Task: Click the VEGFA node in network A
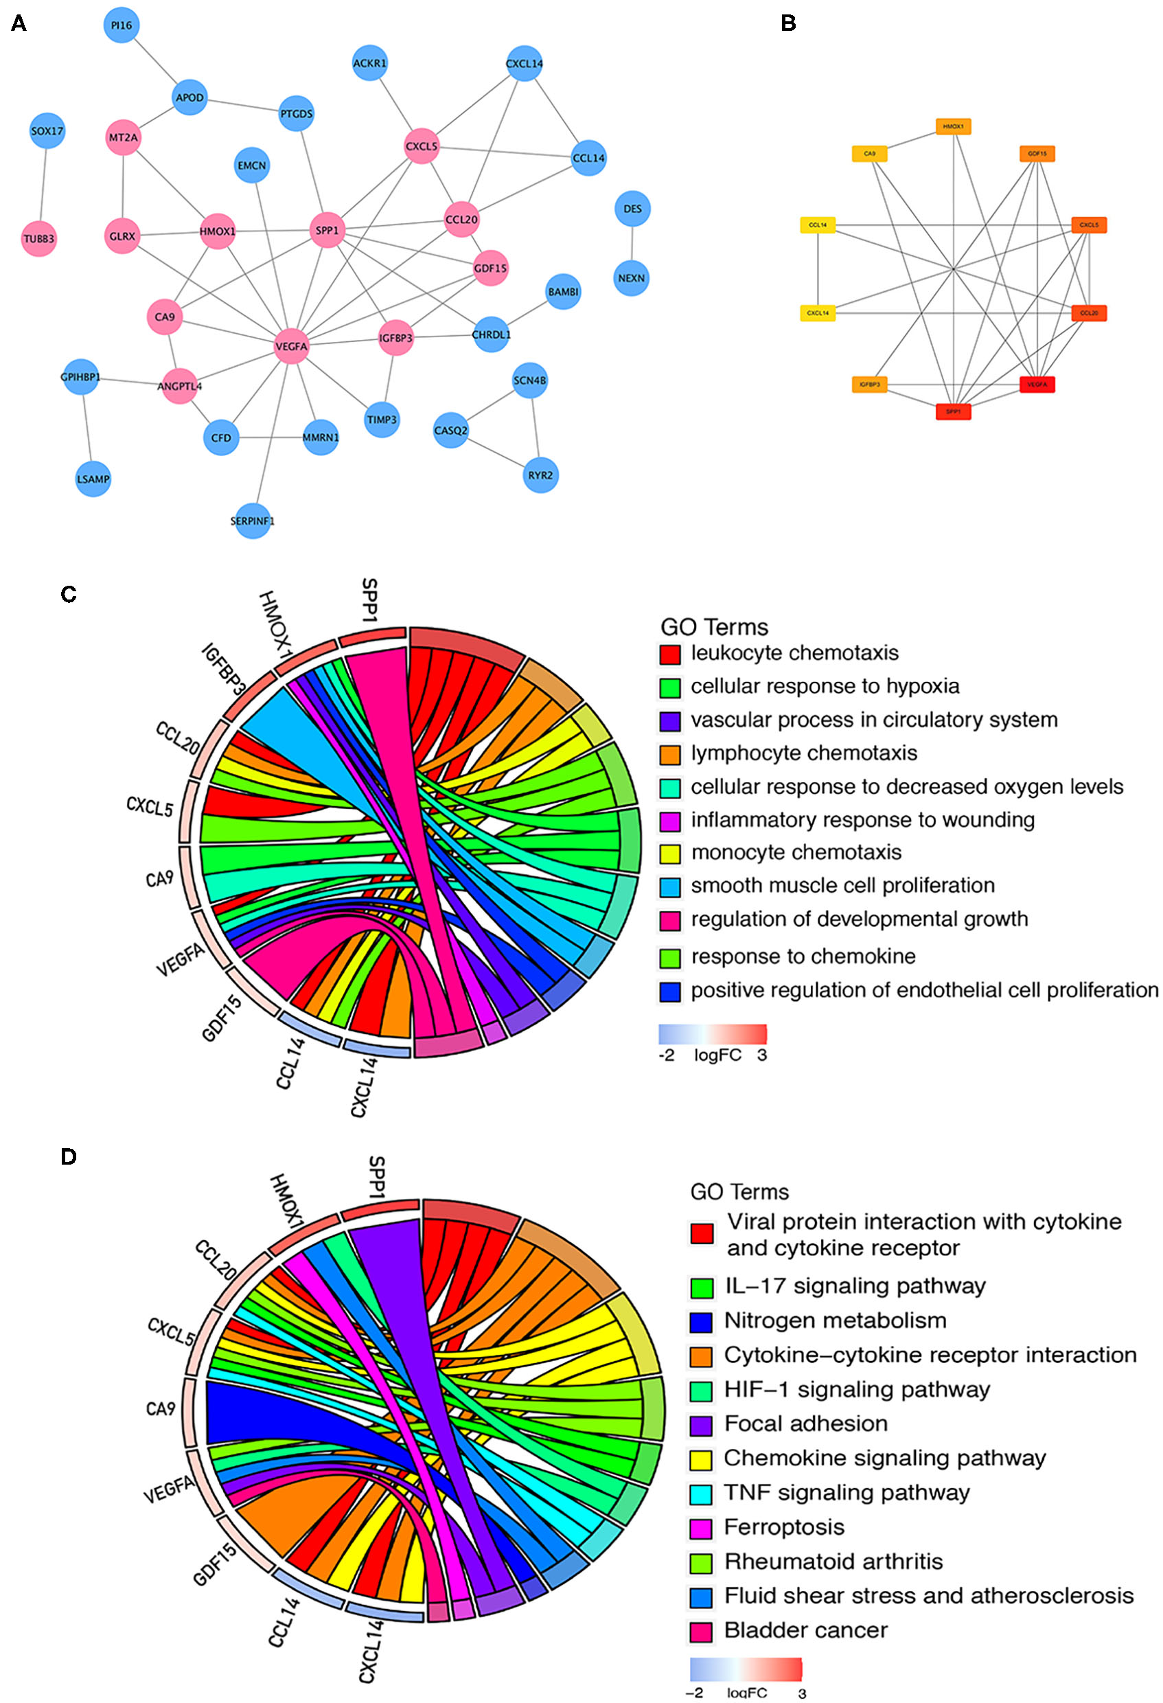point(291,347)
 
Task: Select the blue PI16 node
point(122,25)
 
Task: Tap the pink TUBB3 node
point(39,239)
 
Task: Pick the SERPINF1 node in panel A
point(252,521)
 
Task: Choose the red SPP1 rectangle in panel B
point(953,412)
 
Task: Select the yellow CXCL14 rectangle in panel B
point(817,314)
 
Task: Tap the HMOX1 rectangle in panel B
point(953,127)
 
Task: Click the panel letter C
point(69,594)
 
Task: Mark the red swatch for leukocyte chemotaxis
point(670,654)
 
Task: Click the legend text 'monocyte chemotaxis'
point(796,852)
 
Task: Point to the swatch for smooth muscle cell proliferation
point(670,887)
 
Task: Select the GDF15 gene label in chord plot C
point(221,1018)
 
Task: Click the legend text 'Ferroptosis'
point(784,1527)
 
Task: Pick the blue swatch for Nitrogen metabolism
point(702,1321)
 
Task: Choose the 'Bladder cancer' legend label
point(805,1630)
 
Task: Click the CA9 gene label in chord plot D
point(161,1410)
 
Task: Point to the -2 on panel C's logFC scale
point(666,1055)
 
